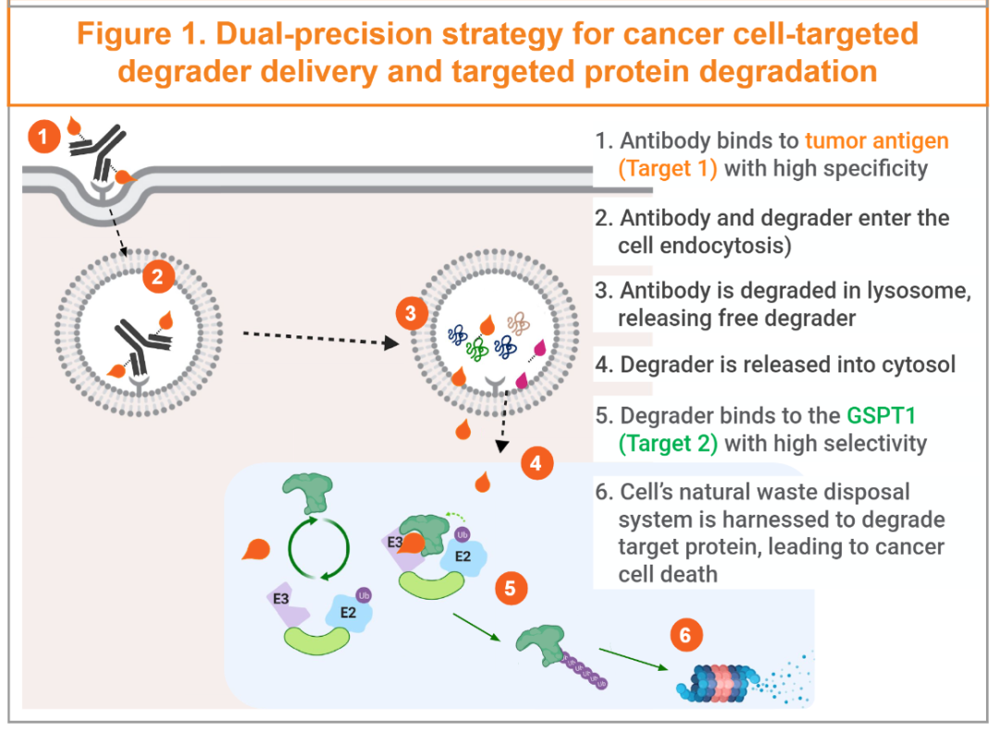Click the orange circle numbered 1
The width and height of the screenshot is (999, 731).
click(x=43, y=139)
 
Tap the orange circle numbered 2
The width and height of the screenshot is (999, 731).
click(x=158, y=276)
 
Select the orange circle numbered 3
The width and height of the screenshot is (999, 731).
click(x=412, y=313)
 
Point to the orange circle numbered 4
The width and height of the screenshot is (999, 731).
click(x=536, y=464)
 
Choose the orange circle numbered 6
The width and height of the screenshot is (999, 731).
click(x=685, y=636)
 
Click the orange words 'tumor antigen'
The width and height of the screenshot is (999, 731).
click(x=877, y=141)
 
